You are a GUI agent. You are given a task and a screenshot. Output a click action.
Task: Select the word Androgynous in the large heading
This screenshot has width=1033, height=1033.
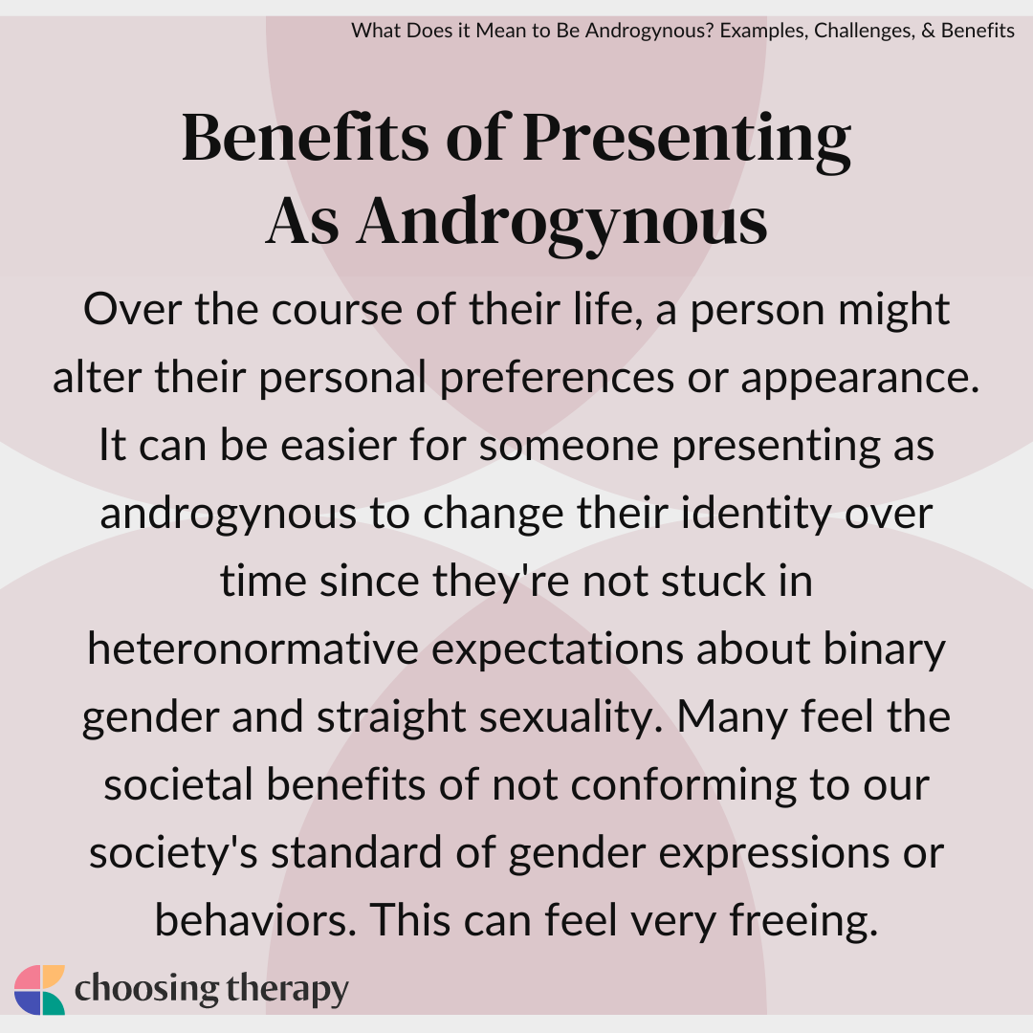(562, 221)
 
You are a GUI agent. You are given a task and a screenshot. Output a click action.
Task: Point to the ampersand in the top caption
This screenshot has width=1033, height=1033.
(928, 31)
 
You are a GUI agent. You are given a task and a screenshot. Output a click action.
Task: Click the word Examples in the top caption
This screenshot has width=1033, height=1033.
(763, 31)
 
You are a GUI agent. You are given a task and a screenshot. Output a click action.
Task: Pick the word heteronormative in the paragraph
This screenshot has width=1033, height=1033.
(253, 648)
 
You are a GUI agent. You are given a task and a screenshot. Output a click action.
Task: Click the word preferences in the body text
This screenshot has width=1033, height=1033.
(557, 377)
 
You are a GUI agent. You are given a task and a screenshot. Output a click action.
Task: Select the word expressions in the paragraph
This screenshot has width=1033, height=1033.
(774, 853)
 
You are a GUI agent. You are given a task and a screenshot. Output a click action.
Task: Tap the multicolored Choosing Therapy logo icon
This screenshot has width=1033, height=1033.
(39, 990)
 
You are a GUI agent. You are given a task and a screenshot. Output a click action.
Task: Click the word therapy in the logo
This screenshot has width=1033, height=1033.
(287, 990)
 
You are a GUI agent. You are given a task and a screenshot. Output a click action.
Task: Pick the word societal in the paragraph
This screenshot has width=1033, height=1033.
(179, 784)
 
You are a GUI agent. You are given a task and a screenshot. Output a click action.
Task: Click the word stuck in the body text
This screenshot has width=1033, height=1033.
(714, 581)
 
